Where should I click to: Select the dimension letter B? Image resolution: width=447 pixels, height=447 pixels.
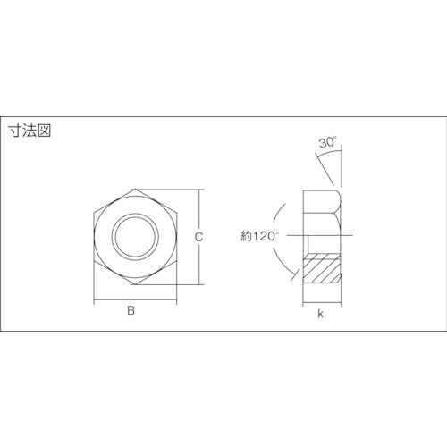(x=131, y=310)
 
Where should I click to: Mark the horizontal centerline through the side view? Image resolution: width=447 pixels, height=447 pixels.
(x=344, y=236)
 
